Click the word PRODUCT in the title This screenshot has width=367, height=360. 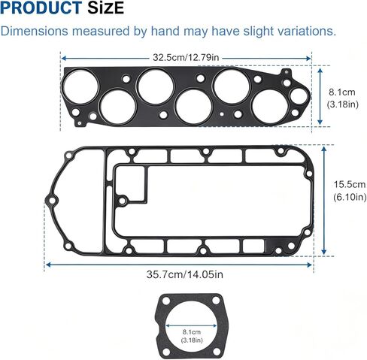(x=41, y=8)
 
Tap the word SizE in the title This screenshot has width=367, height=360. (x=105, y=8)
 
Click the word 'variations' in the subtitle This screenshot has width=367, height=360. (x=307, y=31)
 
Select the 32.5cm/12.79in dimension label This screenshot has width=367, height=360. (x=186, y=57)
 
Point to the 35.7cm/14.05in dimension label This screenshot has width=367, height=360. (x=185, y=274)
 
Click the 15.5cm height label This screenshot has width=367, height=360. (x=350, y=185)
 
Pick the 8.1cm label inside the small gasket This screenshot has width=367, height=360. (x=192, y=332)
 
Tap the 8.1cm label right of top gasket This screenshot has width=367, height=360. (x=342, y=92)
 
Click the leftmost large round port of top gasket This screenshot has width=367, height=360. (x=80, y=86)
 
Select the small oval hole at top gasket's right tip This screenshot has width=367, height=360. (x=299, y=96)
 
